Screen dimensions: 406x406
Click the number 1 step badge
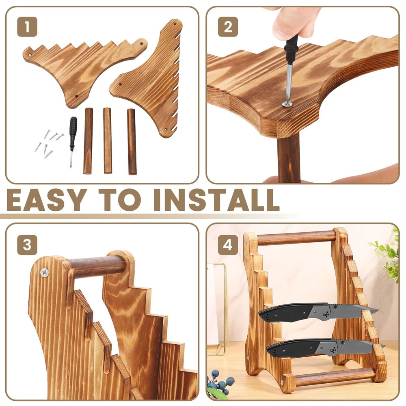[27, 28]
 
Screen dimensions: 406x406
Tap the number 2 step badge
[228, 28]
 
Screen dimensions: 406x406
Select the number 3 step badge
[27, 245]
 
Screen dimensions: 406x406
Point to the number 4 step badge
[228, 245]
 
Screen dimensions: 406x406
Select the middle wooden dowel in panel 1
[108, 140]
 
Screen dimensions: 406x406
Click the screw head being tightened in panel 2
[287, 104]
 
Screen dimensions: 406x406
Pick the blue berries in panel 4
[221, 382]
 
